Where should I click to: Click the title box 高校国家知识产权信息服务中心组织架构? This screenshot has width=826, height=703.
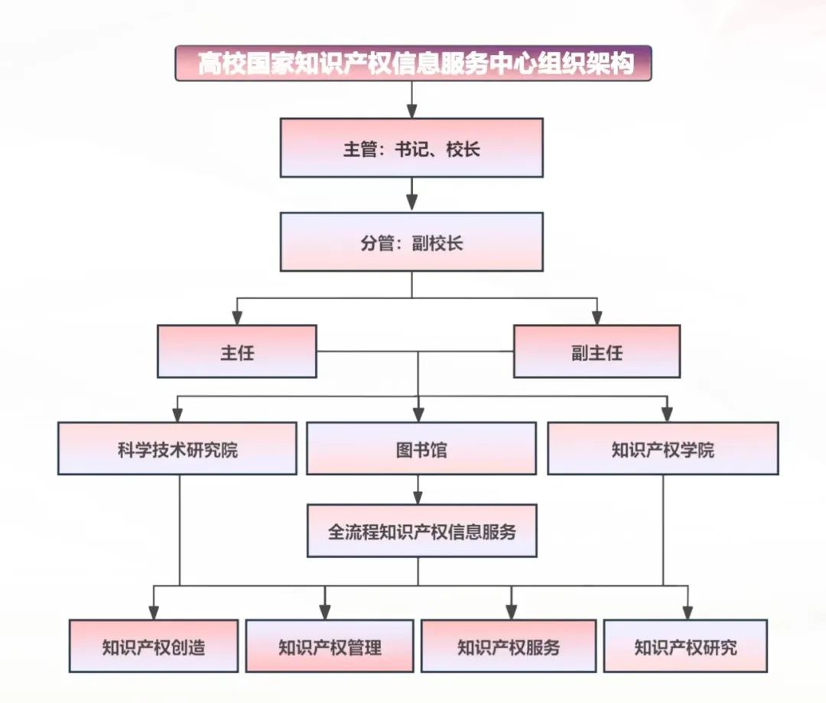(x=413, y=63)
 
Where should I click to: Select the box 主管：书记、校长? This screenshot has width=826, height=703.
(x=411, y=147)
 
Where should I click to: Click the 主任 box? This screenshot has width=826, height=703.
(x=237, y=351)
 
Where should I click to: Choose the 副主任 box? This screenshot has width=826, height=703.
(x=597, y=351)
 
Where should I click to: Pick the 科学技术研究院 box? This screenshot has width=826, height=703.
(x=177, y=449)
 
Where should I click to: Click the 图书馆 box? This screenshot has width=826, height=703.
(x=421, y=449)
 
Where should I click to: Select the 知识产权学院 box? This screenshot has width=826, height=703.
(x=663, y=449)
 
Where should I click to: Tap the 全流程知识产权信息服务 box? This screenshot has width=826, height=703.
(x=421, y=530)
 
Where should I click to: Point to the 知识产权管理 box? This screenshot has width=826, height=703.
(x=330, y=646)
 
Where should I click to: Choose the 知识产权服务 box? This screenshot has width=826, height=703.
(x=509, y=646)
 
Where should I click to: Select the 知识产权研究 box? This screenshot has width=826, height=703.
(x=685, y=646)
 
